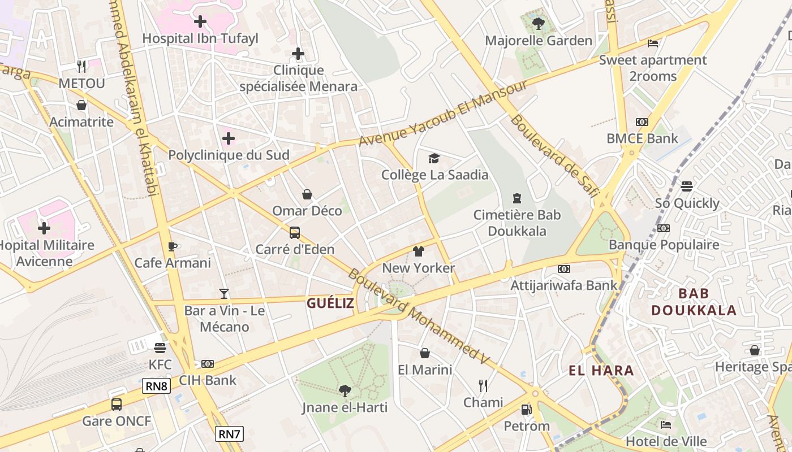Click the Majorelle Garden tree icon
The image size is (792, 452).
[x=538, y=24]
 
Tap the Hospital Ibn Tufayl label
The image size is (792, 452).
[x=200, y=38]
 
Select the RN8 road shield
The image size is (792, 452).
[x=156, y=386]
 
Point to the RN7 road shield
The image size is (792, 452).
[x=230, y=434]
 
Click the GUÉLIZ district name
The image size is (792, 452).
[x=330, y=303]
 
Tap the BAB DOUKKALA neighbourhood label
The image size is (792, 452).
[x=694, y=302]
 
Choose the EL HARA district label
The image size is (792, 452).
[x=601, y=371]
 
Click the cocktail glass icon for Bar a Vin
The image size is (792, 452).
[x=224, y=293]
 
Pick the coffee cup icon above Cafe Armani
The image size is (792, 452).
[x=173, y=246]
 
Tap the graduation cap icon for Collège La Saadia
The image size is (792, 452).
[x=434, y=158]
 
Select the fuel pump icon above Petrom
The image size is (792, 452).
[x=526, y=409]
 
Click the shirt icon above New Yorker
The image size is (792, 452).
[x=418, y=251]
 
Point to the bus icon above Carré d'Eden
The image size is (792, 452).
[x=294, y=232]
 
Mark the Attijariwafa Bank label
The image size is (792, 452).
[x=563, y=285]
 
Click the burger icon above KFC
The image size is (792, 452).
[x=160, y=347]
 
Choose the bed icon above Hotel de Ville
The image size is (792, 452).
[x=666, y=424]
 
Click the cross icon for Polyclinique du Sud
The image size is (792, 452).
[x=229, y=138]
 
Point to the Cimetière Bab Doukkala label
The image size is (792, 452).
[x=517, y=223]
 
